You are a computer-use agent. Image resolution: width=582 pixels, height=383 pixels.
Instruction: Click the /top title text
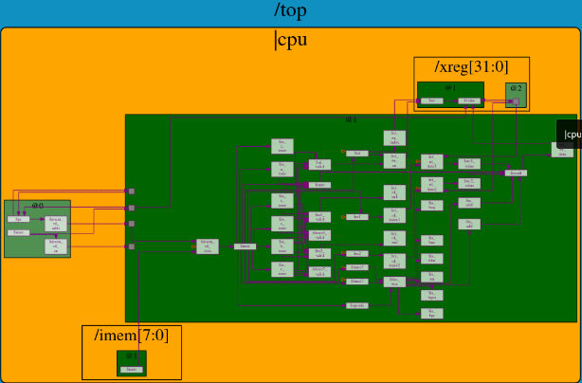coord(290,10)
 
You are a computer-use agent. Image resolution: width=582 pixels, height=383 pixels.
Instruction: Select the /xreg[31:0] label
coord(470,67)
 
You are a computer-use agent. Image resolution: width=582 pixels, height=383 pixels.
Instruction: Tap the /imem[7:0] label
coord(131,336)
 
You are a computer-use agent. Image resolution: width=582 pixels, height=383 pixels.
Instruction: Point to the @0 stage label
coord(37,205)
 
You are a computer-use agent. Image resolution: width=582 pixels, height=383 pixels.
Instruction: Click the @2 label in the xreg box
coord(516,88)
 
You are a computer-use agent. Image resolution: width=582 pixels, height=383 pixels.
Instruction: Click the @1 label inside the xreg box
coord(450,86)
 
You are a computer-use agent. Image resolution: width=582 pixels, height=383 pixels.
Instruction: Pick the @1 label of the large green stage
coord(350,119)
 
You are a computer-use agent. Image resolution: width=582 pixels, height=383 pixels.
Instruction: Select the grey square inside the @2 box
coord(516,100)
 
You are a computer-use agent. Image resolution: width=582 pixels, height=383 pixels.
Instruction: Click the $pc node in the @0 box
coord(18,219)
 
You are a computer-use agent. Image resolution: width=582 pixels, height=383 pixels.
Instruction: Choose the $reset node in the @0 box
coord(18,232)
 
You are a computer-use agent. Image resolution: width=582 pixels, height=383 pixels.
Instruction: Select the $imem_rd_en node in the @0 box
coord(56,246)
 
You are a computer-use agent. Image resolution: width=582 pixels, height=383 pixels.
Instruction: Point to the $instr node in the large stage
coord(245,246)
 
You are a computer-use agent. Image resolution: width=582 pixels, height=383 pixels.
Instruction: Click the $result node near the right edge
coord(516,173)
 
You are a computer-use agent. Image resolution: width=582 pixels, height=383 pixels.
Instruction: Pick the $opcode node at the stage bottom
coord(356,305)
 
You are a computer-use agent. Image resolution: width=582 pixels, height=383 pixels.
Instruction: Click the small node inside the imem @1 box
coord(132,368)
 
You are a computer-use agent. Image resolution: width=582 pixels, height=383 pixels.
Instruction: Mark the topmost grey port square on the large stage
coord(132,191)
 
